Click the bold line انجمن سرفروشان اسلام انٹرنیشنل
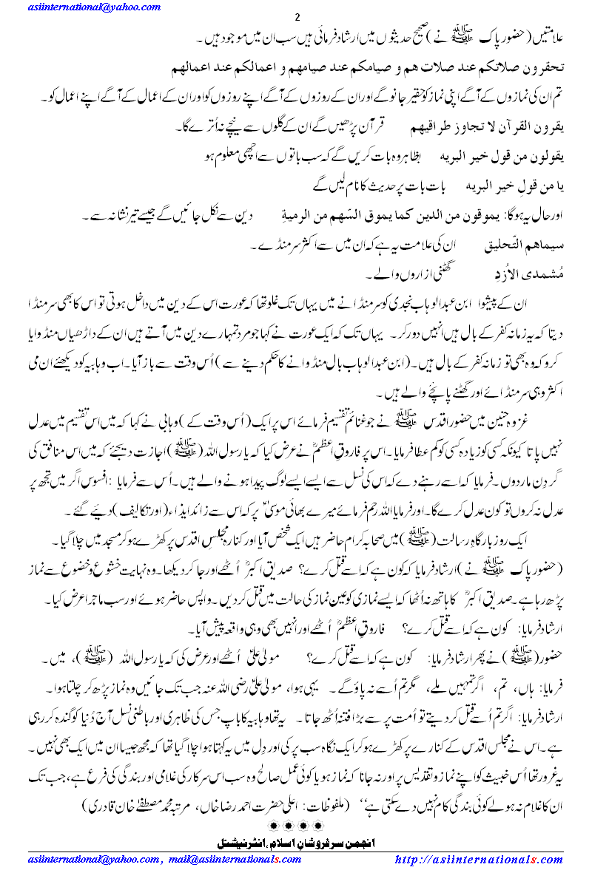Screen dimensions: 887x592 295,842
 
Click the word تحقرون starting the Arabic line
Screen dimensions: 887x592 544,66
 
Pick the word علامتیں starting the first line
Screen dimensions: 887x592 542,37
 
